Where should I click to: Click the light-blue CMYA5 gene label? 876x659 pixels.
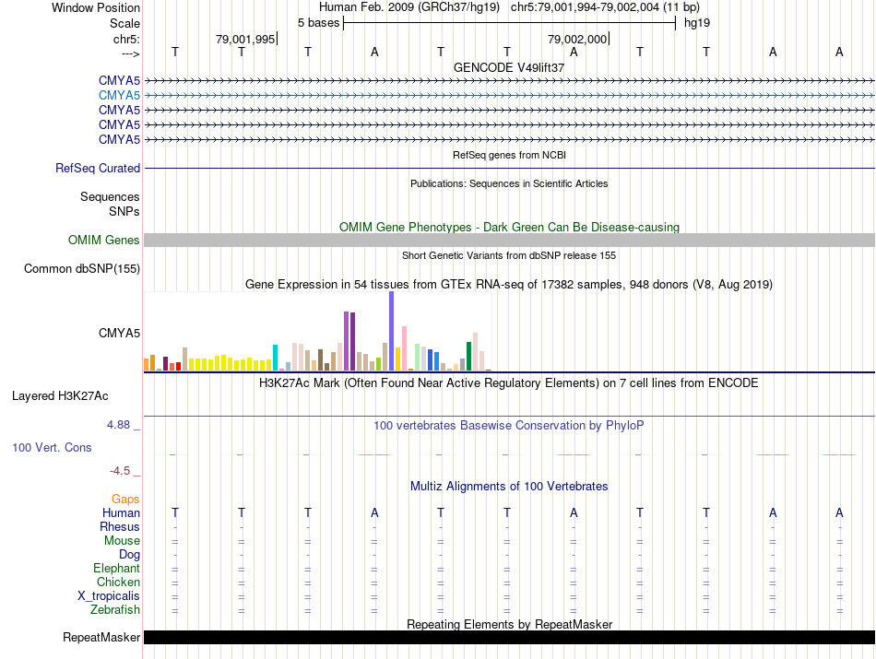[x=119, y=95]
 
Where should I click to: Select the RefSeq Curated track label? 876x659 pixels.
[x=98, y=169]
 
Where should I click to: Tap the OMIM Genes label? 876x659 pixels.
[x=104, y=240]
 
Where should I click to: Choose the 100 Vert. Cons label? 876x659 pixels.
[x=52, y=447]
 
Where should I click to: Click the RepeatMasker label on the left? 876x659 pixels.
[x=101, y=638]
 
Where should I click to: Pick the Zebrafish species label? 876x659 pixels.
[x=115, y=610]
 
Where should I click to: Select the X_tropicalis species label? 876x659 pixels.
[x=109, y=596]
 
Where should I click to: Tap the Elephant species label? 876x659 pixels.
[x=116, y=569]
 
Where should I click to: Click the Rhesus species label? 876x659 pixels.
[x=120, y=527]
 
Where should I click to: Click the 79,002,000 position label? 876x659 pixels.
[x=577, y=40]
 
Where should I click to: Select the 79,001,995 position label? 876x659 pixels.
[x=245, y=40]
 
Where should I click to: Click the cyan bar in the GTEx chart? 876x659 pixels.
[x=275, y=357]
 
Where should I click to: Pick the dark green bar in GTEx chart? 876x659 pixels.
[x=469, y=355]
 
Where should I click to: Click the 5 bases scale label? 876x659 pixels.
[x=318, y=22]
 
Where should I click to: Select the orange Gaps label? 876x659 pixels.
[x=125, y=500]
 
